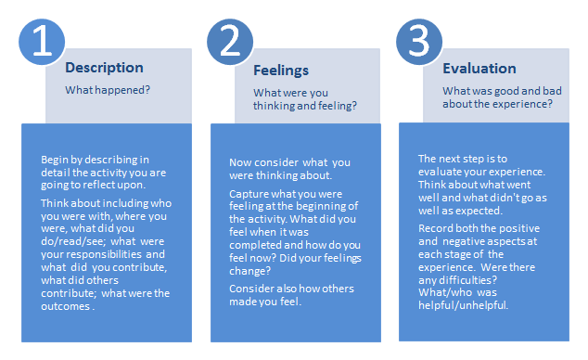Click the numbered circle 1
(42, 43)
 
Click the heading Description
(104, 68)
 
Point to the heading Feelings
(281, 70)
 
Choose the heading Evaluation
(479, 68)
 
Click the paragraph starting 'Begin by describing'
(102, 174)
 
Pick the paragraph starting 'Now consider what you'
(288, 170)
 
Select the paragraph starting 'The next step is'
(477, 178)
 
